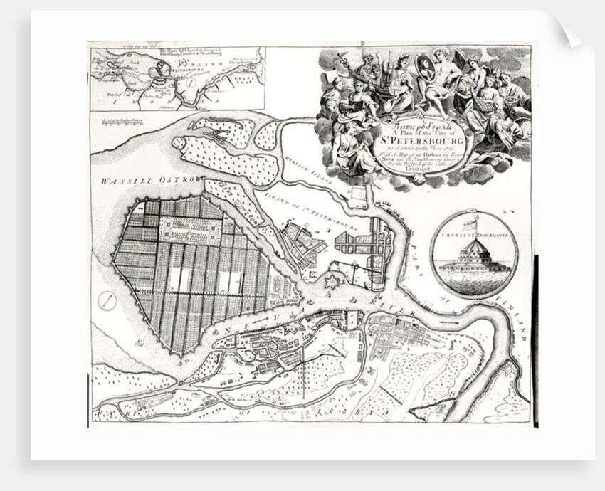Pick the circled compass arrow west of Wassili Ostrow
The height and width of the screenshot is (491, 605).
click(107, 300)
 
